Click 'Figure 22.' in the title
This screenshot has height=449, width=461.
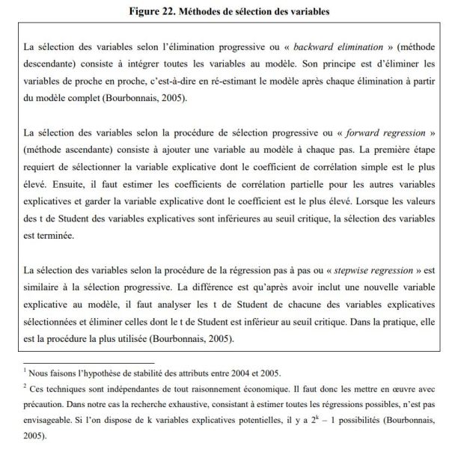click(x=149, y=10)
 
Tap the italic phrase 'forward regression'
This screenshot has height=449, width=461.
click(x=385, y=133)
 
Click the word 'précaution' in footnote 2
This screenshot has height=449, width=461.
click(x=46, y=404)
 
